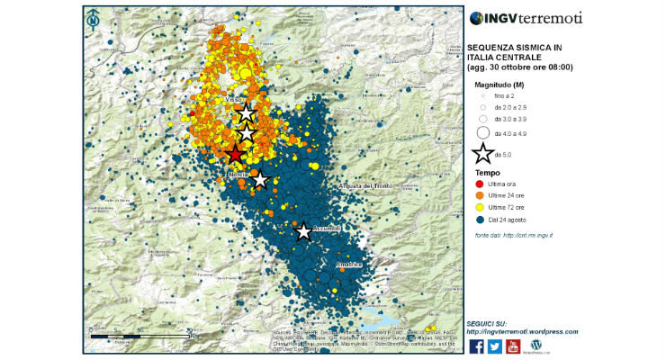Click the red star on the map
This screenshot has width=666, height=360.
pyautogui.click(x=235, y=153)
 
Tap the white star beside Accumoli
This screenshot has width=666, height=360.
pyautogui.click(x=304, y=232)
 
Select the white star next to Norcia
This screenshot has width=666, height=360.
pyautogui.click(x=260, y=180)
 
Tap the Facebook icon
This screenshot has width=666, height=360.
pyautogui.click(x=477, y=346)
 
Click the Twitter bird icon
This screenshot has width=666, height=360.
pyautogui.click(x=495, y=346)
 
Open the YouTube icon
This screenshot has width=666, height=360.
pyautogui.click(x=513, y=346)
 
